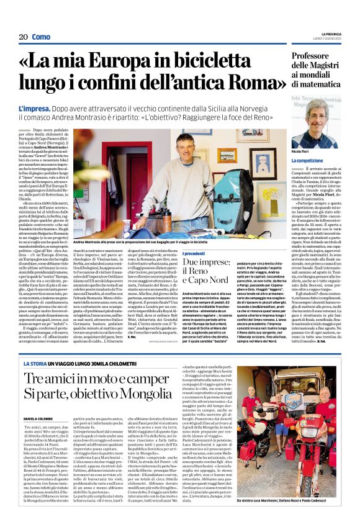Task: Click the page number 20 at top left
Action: coord(23,37)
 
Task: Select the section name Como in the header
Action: coord(41,37)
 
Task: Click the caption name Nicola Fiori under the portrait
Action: coord(317,151)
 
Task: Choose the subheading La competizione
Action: coord(325,160)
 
